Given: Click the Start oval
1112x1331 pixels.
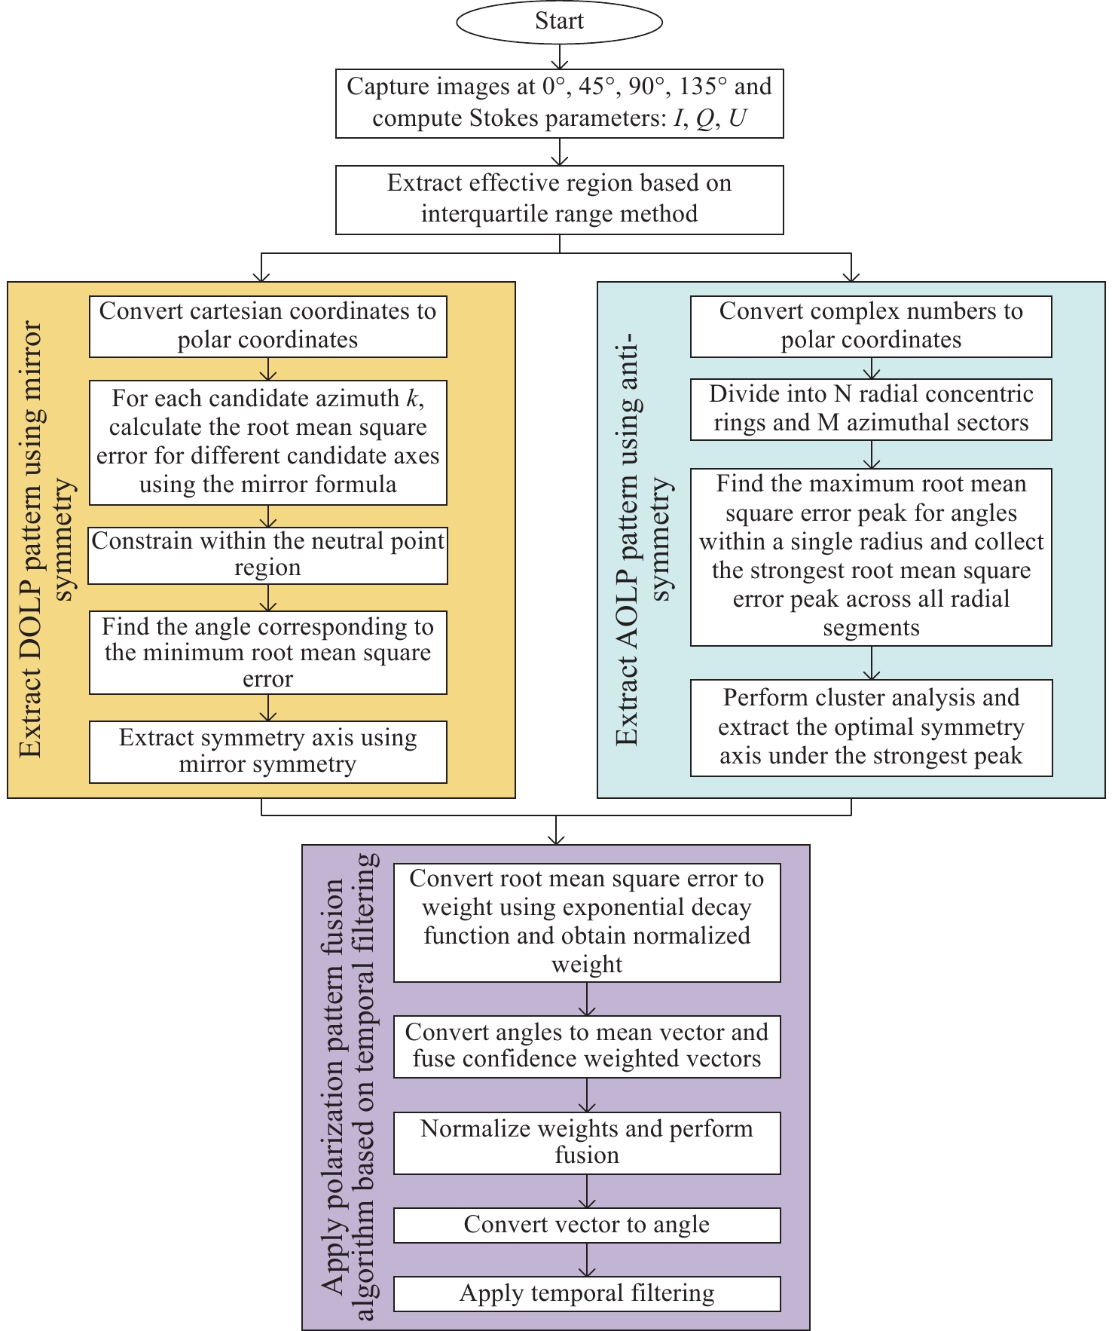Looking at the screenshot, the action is [559, 21].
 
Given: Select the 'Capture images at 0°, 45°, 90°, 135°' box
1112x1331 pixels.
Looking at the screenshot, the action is [559, 103].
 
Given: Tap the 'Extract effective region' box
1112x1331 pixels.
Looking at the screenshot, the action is [559, 200].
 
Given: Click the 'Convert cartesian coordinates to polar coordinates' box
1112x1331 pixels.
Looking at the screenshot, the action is [267, 326].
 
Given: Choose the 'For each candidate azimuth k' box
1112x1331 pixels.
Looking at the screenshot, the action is [267, 442].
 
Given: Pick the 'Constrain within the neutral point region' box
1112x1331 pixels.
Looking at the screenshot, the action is [267, 555].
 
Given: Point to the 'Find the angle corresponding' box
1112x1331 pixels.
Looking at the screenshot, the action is [267, 653].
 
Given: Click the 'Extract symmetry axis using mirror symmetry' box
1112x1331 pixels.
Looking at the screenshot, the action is [267, 752].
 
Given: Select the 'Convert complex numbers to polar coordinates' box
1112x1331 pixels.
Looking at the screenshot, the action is [871, 326].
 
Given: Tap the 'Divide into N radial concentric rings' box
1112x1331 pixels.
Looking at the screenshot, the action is [871, 409].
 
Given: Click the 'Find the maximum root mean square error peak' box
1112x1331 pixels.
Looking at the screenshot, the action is [871, 557].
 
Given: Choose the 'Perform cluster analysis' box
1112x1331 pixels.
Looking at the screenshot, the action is [871, 728].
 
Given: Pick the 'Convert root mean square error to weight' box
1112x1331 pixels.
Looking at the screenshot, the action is [587, 923].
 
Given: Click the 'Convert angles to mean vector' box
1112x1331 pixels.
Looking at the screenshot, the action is [587, 1047].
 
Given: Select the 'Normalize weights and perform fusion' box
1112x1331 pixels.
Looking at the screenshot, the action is [587, 1143].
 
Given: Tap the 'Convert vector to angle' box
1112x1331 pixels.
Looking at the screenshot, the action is [587, 1225].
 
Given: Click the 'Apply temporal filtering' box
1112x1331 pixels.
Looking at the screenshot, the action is [587, 1294].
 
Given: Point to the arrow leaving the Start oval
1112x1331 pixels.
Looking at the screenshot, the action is [560, 56].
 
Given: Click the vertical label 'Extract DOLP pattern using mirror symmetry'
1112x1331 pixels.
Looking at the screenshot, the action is [47, 539].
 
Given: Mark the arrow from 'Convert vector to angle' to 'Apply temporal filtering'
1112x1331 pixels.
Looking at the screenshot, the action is [587, 1260].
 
